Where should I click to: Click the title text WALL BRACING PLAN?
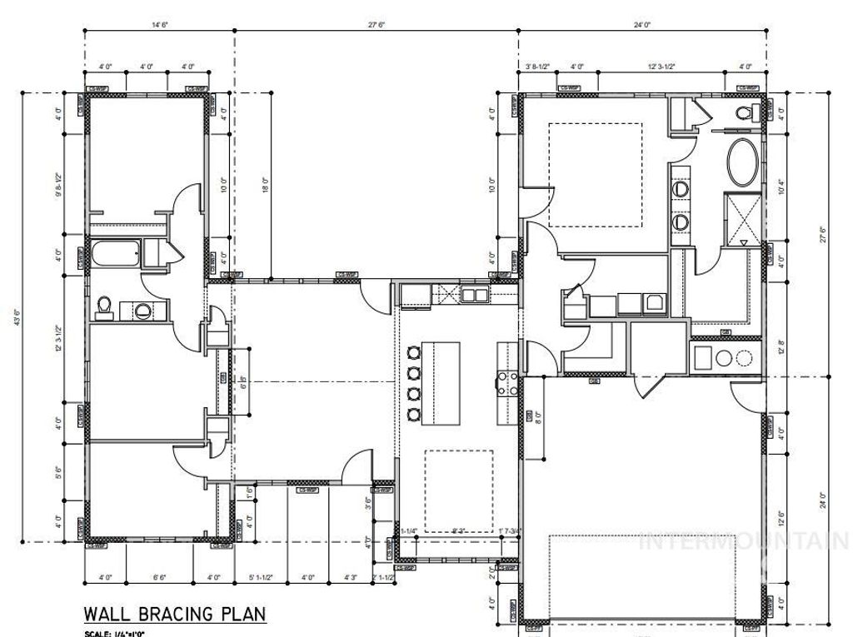[174, 615]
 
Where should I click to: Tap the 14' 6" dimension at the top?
[160, 26]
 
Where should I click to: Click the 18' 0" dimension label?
[266, 184]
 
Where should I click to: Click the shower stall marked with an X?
[741, 218]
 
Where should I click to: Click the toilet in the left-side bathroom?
[106, 306]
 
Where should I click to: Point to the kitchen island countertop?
[441, 381]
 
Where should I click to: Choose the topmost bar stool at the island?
[412, 352]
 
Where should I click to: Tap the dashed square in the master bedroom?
[595, 175]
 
